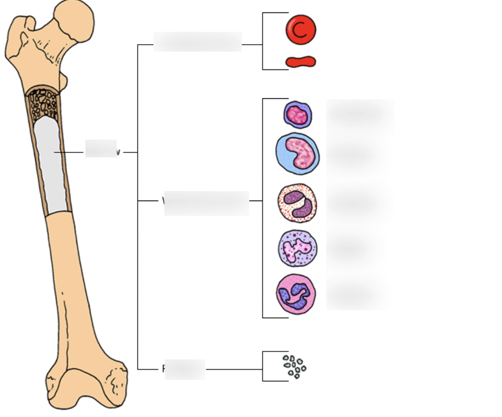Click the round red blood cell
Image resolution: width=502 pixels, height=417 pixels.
coord(300,30)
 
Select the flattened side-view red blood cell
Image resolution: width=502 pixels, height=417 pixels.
coord(300,62)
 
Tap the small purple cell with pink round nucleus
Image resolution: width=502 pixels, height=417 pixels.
coord(297,115)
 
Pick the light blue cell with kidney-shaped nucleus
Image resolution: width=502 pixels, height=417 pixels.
coord(297,154)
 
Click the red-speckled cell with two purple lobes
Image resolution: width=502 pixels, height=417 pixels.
coord(297,203)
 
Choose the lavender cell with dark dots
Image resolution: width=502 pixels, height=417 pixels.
coord(297,248)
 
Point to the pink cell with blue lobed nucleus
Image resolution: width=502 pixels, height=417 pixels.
coord(296,294)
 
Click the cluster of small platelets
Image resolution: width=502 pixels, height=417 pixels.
coord(294,366)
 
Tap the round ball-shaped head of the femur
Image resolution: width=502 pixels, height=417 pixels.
coord(74,20)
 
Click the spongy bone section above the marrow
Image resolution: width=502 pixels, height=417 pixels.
coord(44,102)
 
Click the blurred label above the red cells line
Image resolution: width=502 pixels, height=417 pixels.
coord(198,42)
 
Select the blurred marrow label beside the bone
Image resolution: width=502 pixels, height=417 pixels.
coord(101,148)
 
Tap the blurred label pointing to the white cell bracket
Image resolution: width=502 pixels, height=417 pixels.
coord(207,203)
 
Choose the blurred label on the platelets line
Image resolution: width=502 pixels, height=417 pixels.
coord(185,369)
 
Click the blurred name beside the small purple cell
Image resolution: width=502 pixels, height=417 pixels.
coord(360,114)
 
